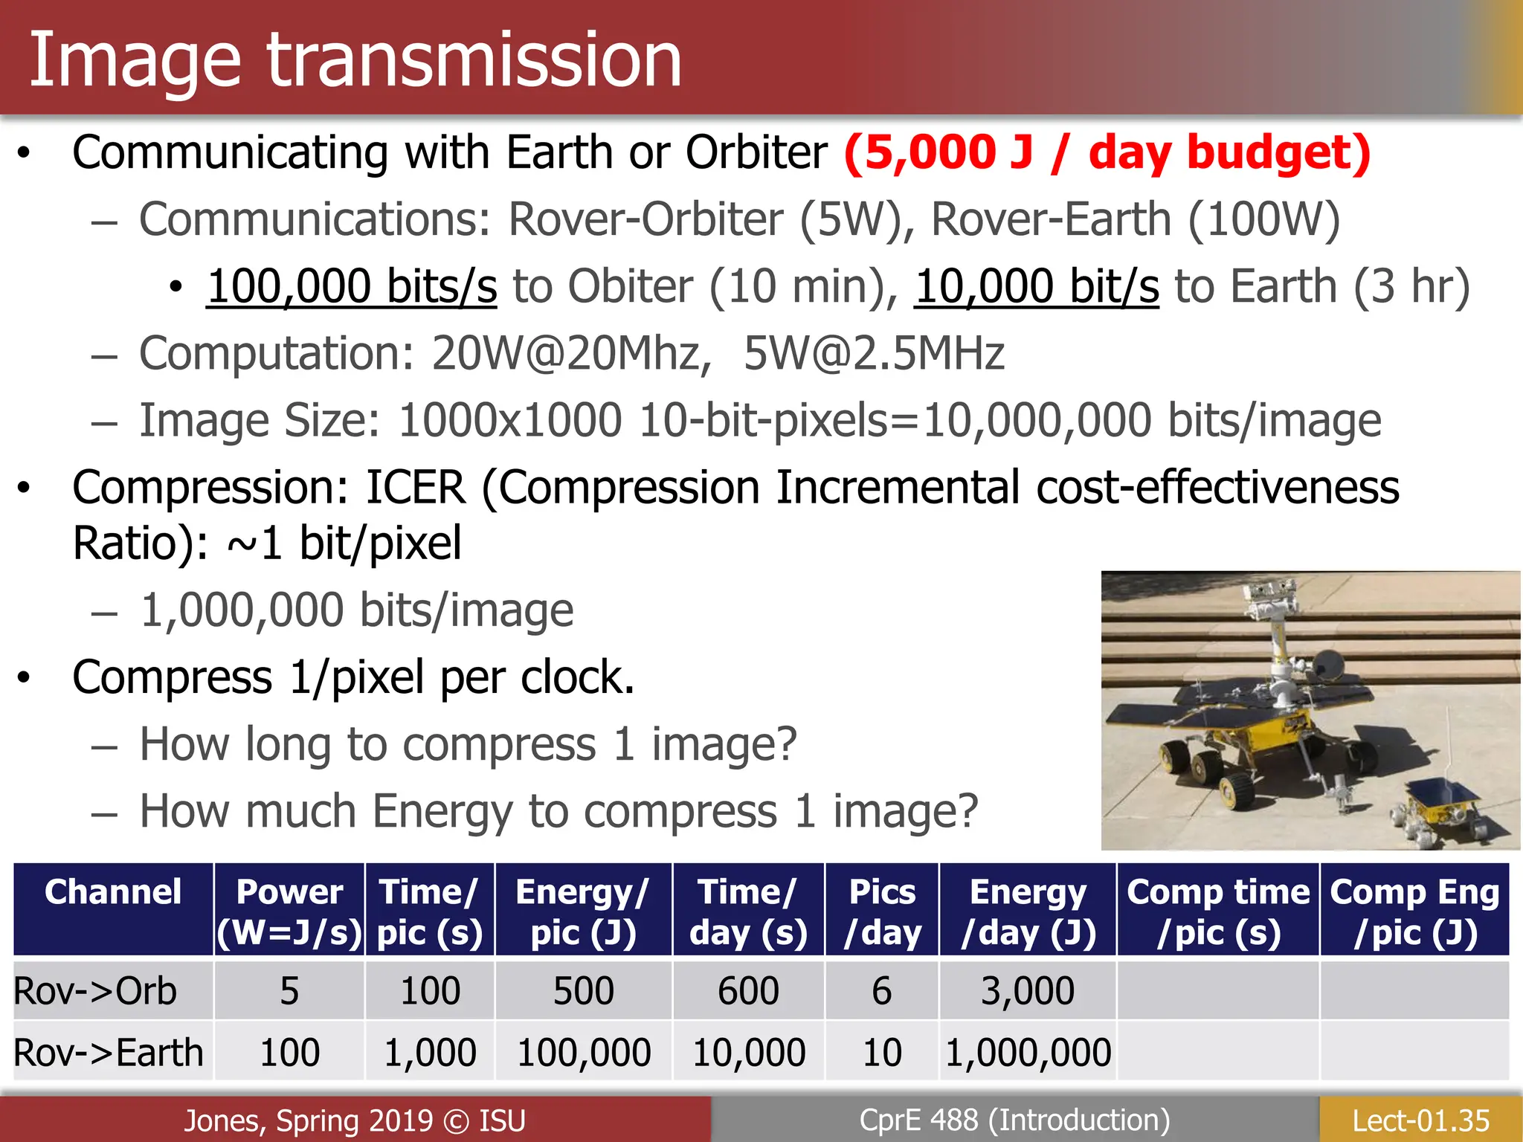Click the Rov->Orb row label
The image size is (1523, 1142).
pos(95,991)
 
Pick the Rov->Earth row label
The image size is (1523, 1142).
pos(109,1053)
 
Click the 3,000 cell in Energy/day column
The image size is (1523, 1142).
pos(1028,991)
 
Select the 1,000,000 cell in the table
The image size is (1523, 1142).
pos(1028,1053)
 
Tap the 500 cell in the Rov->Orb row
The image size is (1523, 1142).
pos(583,991)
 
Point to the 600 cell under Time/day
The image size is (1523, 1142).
pos(748,991)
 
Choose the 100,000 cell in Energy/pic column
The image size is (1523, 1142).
pos(583,1053)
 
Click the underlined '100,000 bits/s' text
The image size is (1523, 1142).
pos(352,287)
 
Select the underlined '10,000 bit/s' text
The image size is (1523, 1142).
pos(1037,287)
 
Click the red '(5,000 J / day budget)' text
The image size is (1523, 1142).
pos(1107,153)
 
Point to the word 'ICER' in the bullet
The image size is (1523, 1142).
pos(416,488)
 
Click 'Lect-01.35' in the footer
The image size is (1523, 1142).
pos(1420,1120)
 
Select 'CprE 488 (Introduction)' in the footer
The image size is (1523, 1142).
pos(1014,1120)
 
